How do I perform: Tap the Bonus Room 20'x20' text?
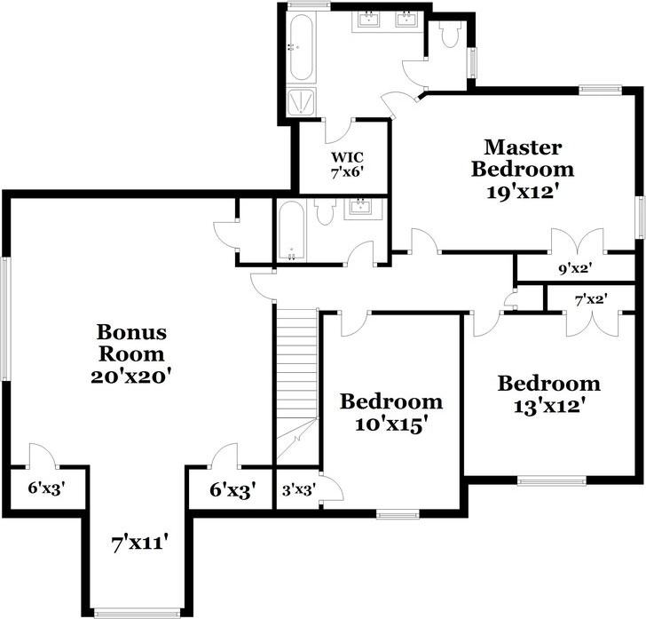(x=131, y=353)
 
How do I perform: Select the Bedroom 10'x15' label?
(x=391, y=412)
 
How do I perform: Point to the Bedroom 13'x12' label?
(x=548, y=395)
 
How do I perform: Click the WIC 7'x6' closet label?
(x=343, y=165)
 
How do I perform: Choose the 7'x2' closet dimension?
(x=590, y=299)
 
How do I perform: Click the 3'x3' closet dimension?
(x=297, y=489)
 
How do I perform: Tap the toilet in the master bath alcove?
(x=449, y=35)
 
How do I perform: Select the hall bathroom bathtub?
(x=290, y=230)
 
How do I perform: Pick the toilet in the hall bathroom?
(x=324, y=210)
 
